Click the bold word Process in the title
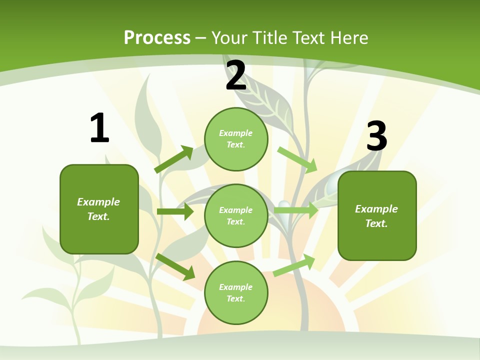[157, 37]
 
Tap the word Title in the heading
[269, 37]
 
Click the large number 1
[99, 128]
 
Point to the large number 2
[236, 76]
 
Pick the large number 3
[376, 136]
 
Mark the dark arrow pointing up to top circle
[174, 159]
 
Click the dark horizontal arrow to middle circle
[175, 211]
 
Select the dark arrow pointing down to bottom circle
[175, 266]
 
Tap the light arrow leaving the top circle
[297, 159]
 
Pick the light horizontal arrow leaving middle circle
[296, 210]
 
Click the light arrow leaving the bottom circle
[294, 265]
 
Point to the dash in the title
[201, 38]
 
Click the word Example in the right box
[376, 209]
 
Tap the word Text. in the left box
[98, 216]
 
